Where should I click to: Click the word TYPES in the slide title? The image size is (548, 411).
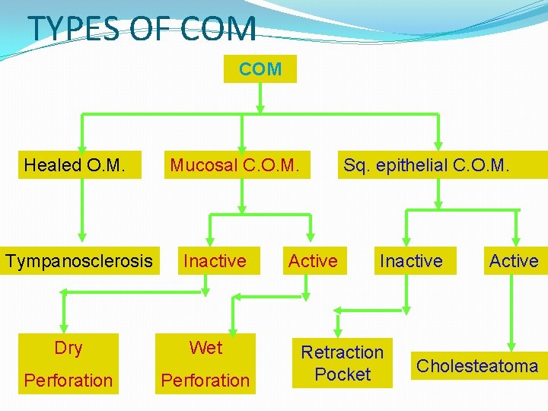coord(73,29)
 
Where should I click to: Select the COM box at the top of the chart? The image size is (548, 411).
coord(260,69)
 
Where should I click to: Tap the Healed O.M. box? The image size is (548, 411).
coord(75,164)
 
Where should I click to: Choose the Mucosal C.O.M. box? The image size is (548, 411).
coord(240,164)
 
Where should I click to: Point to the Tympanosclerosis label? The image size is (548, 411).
coord(79,261)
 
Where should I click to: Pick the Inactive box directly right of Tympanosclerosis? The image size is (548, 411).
coord(215,261)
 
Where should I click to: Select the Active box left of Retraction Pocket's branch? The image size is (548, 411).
coord(313,261)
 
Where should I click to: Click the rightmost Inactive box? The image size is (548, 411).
coord(411,261)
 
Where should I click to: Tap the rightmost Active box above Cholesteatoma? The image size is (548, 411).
coord(514,261)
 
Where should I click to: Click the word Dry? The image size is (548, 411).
coord(68,348)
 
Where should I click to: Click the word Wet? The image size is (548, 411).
coord(206,348)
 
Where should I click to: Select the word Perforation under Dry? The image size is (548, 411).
coord(68,381)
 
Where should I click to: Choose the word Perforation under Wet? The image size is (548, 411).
coord(205,381)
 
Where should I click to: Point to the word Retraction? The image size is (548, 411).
coord(342,352)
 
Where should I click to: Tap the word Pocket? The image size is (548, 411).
coord(342,374)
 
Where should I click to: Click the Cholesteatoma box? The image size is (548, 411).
coord(477,366)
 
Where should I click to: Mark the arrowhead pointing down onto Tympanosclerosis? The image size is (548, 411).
coord(82,237)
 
